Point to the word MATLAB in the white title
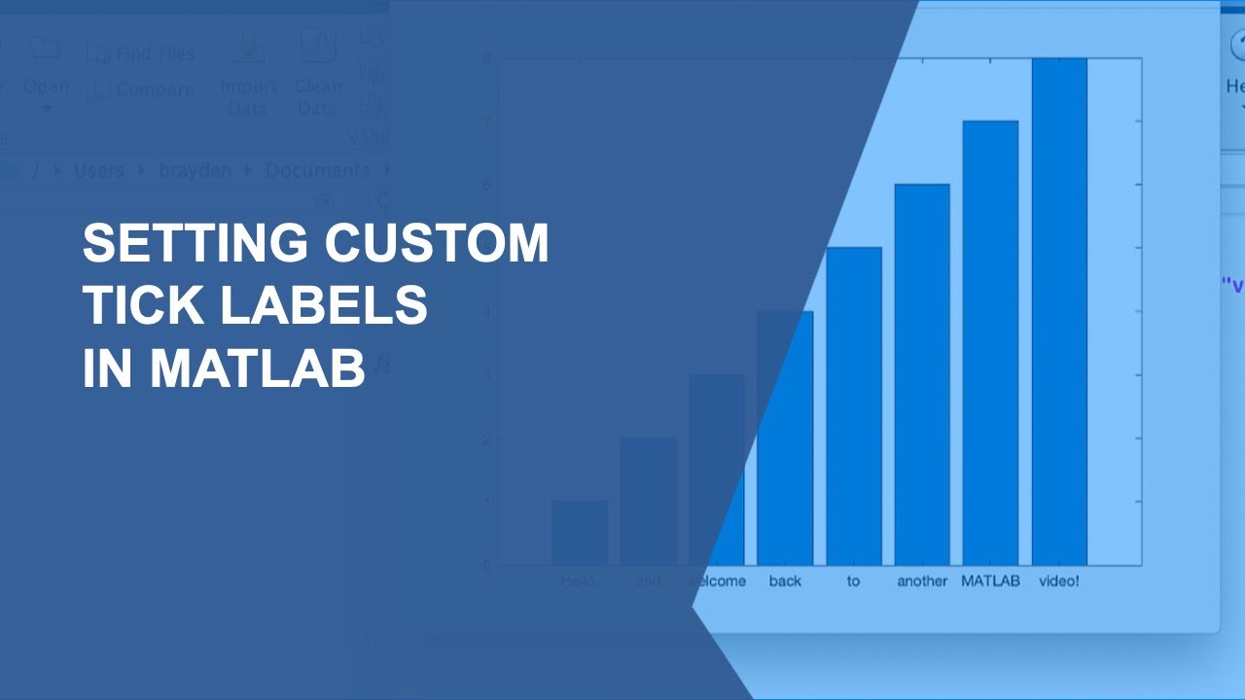(x=258, y=369)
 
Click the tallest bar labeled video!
(x=1059, y=311)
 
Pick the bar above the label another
(x=921, y=374)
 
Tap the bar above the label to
(x=853, y=405)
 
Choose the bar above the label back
(x=785, y=437)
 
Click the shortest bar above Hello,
(x=580, y=533)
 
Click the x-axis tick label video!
(x=1059, y=581)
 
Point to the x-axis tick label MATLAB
(x=990, y=581)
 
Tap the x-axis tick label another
(x=921, y=581)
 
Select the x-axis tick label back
(x=785, y=581)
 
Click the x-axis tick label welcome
(x=717, y=581)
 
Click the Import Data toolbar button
(x=247, y=73)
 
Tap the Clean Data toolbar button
(x=318, y=73)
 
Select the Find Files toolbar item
(x=142, y=53)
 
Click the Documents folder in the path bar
(x=317, y=170)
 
